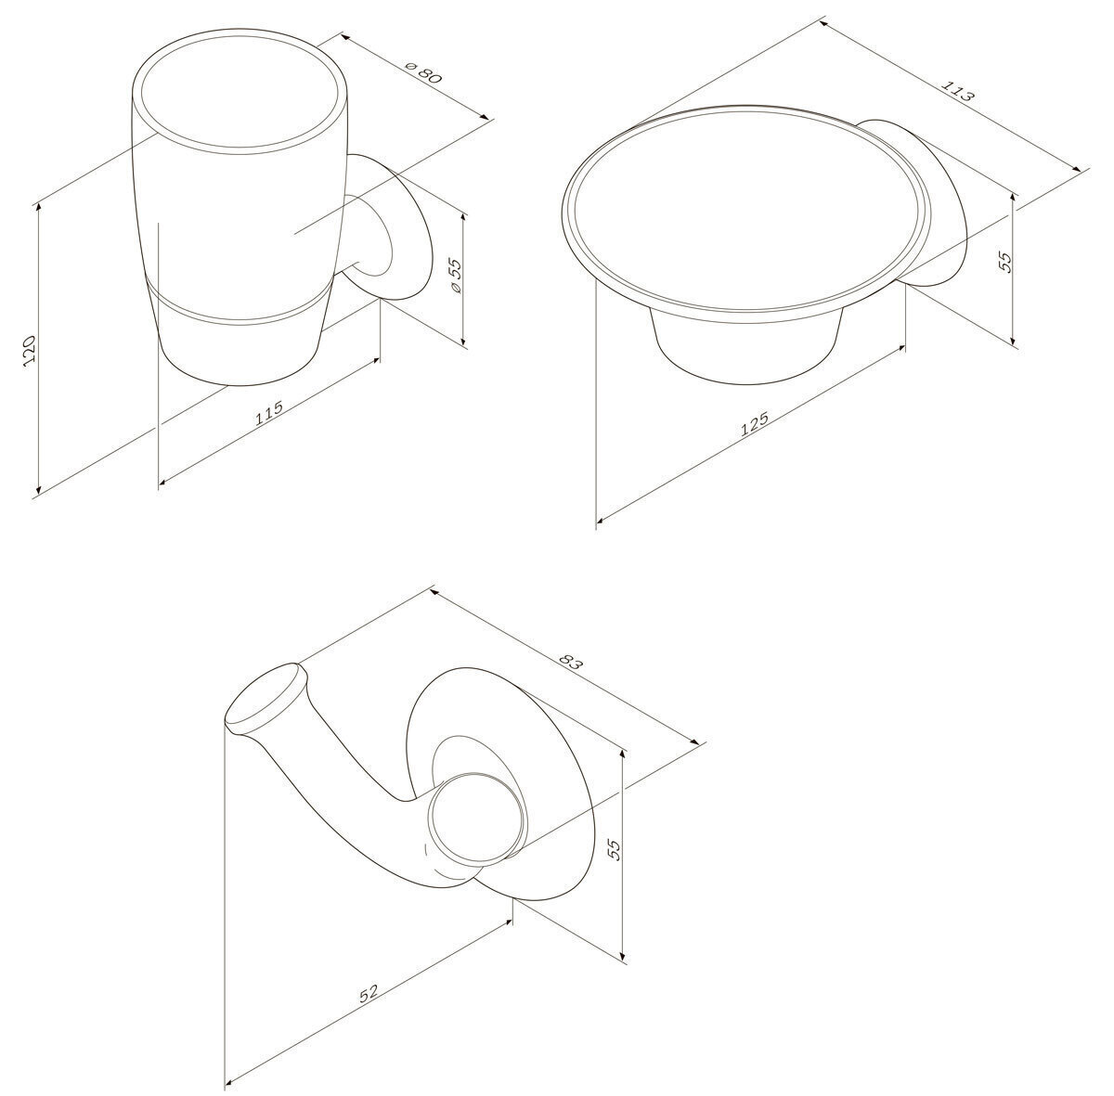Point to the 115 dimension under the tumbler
(269, 412)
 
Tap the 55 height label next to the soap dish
(1006, 262)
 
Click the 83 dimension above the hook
(569, 663)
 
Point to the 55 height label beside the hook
(614, 849)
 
